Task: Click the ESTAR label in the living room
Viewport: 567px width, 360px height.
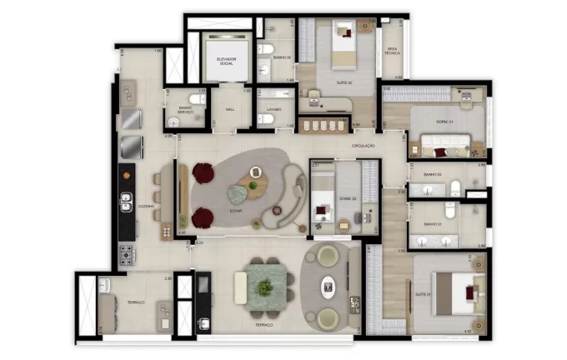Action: point(235,211)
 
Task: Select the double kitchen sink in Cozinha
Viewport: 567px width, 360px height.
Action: point(126,202)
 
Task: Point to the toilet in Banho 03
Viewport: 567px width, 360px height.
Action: point(454,187)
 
